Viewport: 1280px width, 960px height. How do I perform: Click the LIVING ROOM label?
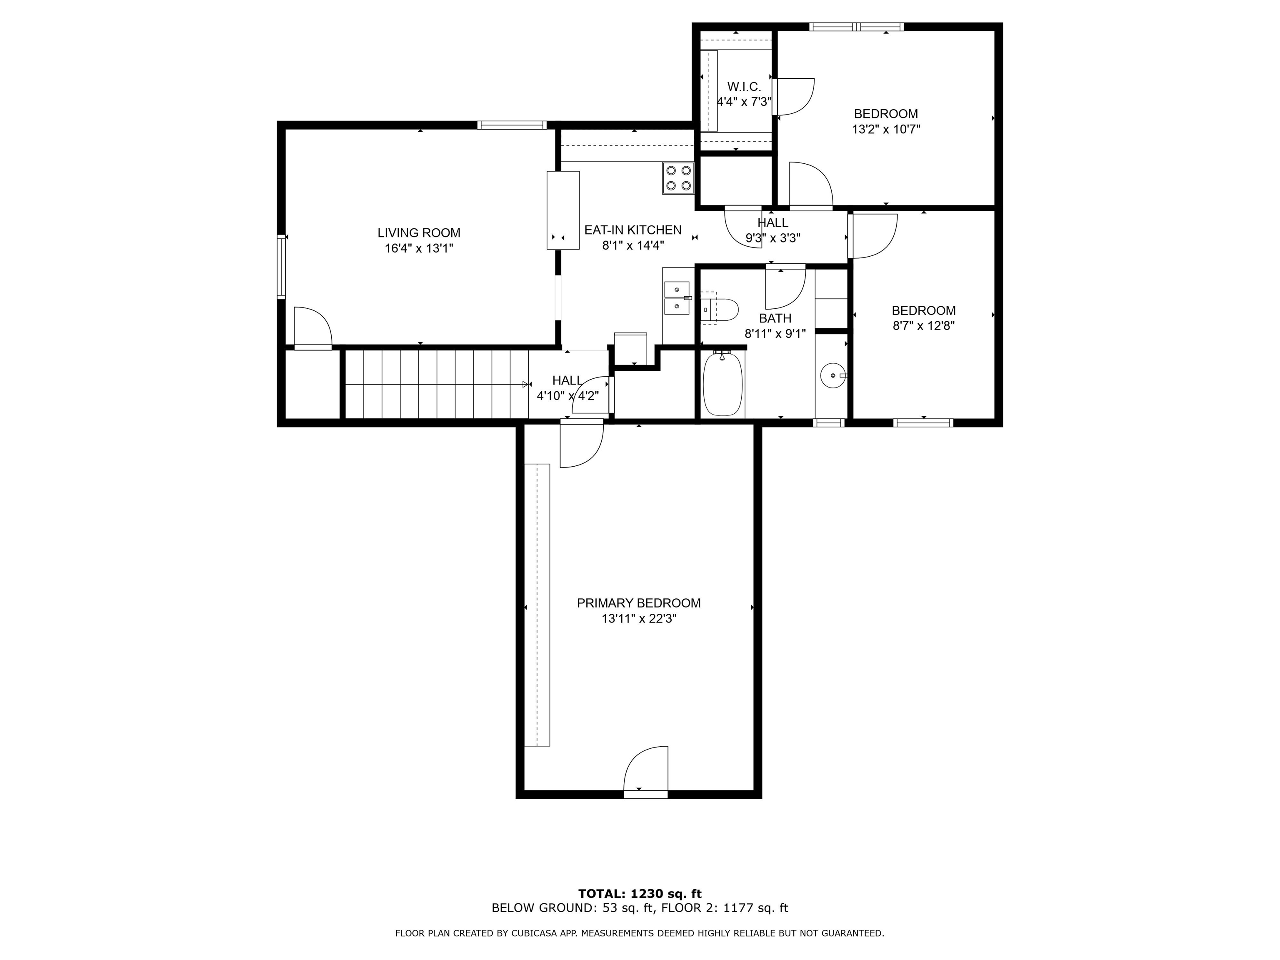tap(419, 232)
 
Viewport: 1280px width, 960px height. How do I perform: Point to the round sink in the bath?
tap(832, 375)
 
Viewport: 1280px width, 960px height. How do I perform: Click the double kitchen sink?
tap(676, 297)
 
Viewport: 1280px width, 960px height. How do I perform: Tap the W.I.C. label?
tap(744, 87)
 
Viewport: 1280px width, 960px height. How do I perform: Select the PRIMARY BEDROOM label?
tap(639, 603)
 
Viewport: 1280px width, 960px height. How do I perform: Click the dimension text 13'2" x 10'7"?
tap(886, 129)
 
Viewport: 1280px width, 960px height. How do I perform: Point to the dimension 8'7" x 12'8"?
tap(924, 326)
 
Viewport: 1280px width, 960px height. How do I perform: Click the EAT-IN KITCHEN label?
tap(633, 230)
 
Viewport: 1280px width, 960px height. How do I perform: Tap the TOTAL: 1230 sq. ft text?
tap(640, 894)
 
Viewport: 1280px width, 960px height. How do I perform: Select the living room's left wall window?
tap(281, 266)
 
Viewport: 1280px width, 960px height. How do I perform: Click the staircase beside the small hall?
tap(437, 384)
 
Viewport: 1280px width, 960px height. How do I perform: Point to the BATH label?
tap(775, 318)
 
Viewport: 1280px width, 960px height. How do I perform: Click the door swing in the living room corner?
tap(313, 327)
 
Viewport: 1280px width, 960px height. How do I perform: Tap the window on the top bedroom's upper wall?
tap(856, 27)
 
